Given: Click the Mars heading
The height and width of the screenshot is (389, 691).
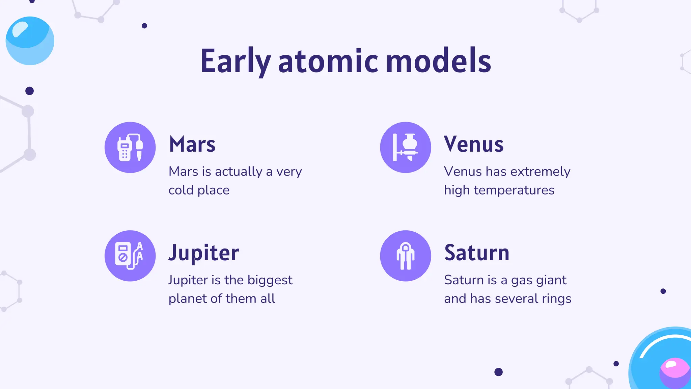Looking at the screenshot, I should pos(192,144).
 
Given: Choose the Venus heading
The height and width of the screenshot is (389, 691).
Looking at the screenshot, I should pos(474,144).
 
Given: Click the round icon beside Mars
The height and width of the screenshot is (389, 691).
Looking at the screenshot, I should pos(130,148).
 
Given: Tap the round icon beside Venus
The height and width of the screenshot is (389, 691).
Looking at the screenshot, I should pos(406,148).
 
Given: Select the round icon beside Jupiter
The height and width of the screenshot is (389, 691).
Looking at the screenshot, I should pos(130,256).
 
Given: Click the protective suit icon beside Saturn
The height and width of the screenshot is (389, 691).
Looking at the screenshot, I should pos(406,256).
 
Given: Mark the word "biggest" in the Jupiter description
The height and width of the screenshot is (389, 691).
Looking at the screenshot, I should pos(270,280).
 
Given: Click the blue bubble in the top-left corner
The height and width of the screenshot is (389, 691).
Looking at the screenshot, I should pos(30,41).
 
